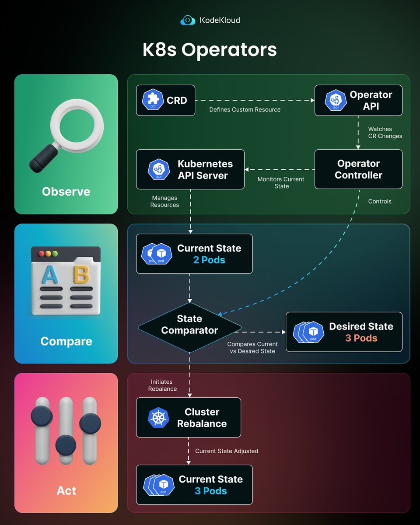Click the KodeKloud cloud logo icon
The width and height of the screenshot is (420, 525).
click(x=188, y=20)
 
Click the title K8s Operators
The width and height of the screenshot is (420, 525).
click(x=210, y=49)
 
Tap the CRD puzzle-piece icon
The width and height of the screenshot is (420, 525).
click(x=153, y=100)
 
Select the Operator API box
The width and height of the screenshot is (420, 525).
click(x=358, y=100)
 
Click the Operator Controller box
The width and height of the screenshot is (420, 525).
click(x=358, y=169)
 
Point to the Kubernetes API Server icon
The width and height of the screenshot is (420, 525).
click(x=159, y=169)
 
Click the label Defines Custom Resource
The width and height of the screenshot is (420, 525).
click(x=245, y=109)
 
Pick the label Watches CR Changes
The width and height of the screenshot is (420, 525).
click(x=385, y=133)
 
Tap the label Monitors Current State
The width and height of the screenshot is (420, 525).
click(x=281, y=183)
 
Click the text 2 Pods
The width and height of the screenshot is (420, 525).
click(x=209, y=260)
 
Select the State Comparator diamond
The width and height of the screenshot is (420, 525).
click(x=189, y=325)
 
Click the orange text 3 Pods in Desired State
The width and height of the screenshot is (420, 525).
click(x=361, y=338)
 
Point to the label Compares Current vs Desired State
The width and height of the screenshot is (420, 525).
click(x=252, y=347)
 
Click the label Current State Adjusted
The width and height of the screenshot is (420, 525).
click(x=227, y=451)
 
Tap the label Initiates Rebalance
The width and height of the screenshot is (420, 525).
click(x=162, y=385)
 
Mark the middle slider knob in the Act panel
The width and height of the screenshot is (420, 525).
click(x=66, y=445)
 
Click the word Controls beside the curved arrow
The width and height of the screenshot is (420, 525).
click(x=380, y=201)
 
